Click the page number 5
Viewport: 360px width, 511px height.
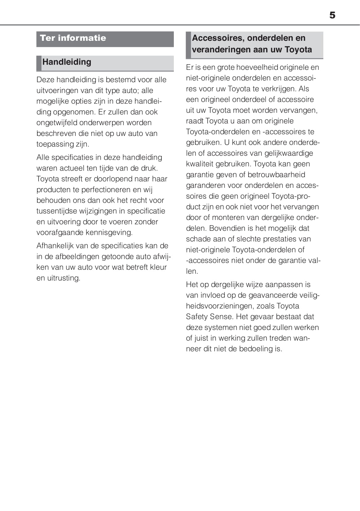(x=332, y=15)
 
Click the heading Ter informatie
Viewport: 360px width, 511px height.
(x=73, y=38)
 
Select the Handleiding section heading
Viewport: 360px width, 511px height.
(x=67, y=62)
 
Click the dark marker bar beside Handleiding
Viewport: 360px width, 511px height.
(x=39, y=63)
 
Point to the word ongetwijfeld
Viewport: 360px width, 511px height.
(x=57, y=123)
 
